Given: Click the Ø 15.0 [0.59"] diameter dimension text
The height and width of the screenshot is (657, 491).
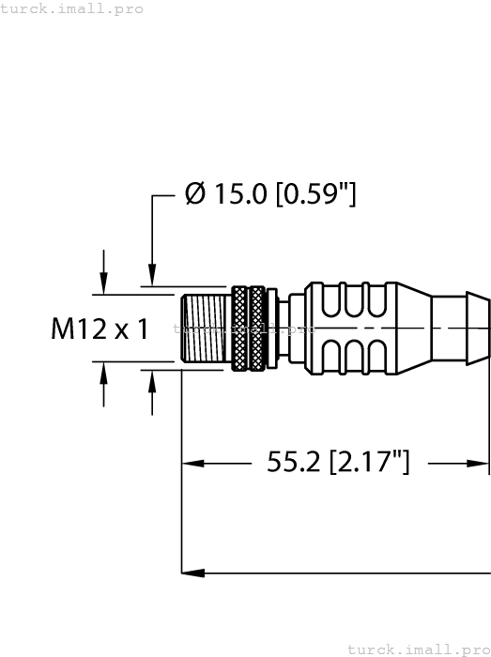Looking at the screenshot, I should [x=270, y=195].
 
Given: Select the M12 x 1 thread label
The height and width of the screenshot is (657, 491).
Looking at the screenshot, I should [x=100, y=329].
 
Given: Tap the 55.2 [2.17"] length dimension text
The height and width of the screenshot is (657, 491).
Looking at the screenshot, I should [x=338, y=462].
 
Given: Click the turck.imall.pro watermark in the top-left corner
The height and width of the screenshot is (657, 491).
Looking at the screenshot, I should [x=72, y=8].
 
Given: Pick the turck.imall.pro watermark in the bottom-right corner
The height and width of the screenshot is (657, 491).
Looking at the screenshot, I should [x=418, y=649].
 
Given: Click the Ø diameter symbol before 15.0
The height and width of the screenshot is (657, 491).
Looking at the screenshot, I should [x=195, y=195].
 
